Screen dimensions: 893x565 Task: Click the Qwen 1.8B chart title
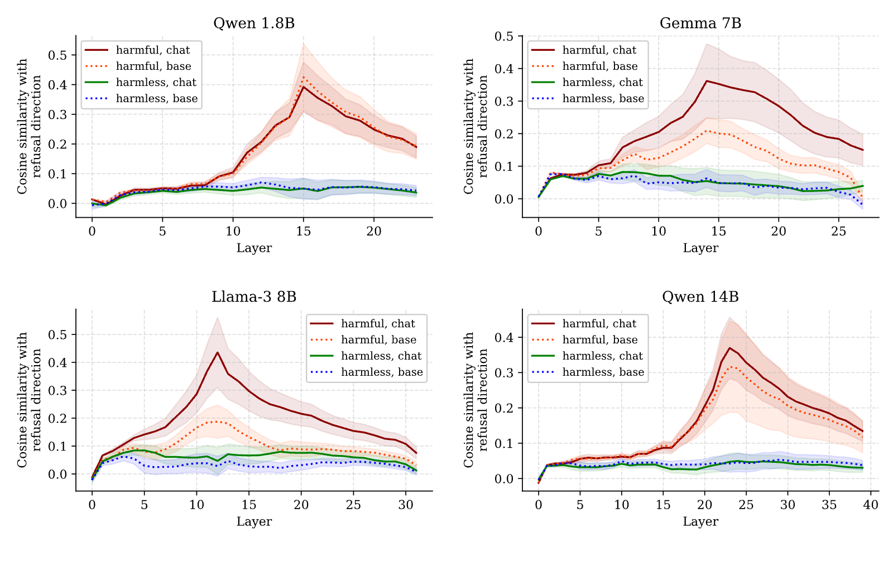[x=254, y=23]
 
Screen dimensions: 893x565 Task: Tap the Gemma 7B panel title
[x=700, y=23]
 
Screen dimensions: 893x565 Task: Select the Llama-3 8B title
[x=254, y=296]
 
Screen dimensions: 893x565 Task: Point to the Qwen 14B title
[x=700, y=296]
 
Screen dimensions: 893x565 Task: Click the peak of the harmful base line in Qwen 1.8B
[x=304, y=77]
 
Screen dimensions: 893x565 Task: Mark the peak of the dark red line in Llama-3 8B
[x=217, y=352]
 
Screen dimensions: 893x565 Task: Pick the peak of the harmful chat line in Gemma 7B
[x=707, y=81]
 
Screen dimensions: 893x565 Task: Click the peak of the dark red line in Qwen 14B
[x=729, y=348]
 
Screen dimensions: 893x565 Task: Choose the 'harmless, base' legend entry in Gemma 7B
[x=588, y=98]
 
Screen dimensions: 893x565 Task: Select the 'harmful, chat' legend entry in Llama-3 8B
[x=363, y=323]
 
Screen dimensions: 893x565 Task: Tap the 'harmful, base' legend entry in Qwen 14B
[x=585, y=339]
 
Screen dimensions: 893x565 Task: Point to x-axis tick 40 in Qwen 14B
[x=871, y=505]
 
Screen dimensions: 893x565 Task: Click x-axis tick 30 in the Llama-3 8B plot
[x=406, y=505]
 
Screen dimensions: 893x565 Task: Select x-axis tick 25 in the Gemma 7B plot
[x=839, y=231]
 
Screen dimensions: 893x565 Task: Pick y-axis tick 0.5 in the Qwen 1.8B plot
[x=57, y=55]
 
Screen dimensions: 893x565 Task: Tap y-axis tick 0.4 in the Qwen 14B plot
[x=504, y=338]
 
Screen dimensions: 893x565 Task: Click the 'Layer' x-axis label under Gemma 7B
[x=700, y=248]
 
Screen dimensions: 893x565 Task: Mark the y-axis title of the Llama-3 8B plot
[x=29, y=400]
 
